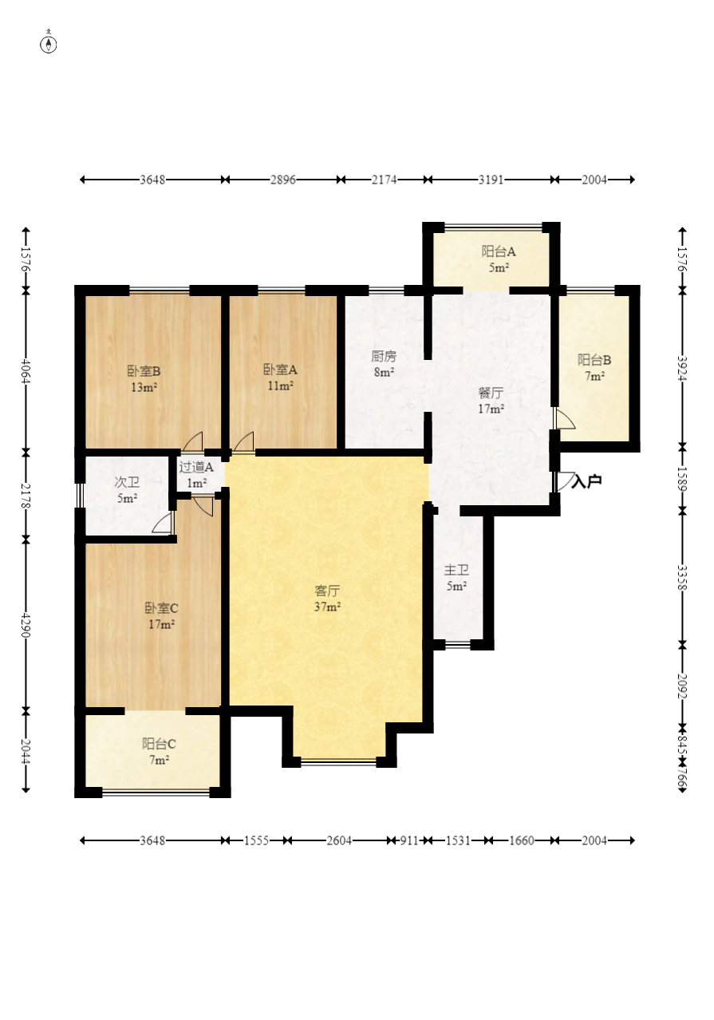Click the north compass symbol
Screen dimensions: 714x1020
tap(49, 44)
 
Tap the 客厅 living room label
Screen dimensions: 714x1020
tap(327, 591)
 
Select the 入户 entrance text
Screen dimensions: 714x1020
tap(587, 480)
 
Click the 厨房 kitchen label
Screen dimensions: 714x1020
tap(384, 356)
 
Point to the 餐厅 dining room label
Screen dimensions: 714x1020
tap(491, 393)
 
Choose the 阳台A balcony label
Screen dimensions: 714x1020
tap(499, 251)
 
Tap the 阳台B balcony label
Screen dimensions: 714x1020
tap(594, 360)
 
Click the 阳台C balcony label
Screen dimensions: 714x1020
tap(159, 744)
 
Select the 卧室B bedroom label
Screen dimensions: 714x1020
tap(144, 371)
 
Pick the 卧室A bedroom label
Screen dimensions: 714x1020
tap(280, 370)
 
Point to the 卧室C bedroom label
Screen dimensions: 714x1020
tap(162, 608)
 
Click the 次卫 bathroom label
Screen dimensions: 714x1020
tap(127, 482)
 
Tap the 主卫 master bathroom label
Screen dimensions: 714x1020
tap(456, 570)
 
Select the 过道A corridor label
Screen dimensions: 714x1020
tap(196, 467)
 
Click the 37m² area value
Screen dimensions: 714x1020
tap(328, 607)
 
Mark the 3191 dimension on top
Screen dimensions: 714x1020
tap(491, 180)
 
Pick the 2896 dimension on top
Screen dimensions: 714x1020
tap(283, 180)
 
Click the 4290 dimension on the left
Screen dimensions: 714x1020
tap(26, 625)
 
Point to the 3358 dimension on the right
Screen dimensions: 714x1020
tap(681, 577)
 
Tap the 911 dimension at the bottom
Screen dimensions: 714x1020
tap(409, 840)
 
